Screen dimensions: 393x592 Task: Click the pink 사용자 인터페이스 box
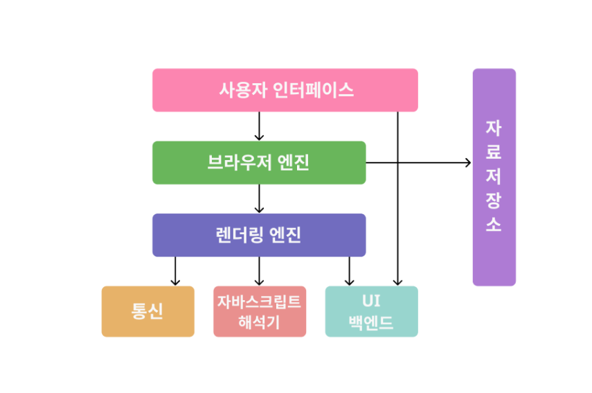coord(285,90)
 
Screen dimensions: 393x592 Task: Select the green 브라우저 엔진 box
coord(258,163)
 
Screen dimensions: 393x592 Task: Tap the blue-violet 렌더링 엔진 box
coord(258,235)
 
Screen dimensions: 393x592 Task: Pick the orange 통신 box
coord(147,311)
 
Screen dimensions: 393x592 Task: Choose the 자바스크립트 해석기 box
coord(259,311)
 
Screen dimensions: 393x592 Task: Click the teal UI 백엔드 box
coord(371,311)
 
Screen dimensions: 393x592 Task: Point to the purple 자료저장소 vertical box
coord(494,177)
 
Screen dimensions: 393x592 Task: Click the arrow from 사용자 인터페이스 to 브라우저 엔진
coord(259,126)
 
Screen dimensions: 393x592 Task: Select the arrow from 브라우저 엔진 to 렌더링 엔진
coord(259,198)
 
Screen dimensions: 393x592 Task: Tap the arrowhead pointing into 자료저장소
coord(467,163)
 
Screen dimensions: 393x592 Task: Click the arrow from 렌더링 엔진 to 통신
coord(175,272)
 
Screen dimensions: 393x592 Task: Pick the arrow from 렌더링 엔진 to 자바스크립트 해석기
coord(259,272)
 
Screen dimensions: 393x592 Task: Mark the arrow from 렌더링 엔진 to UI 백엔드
coord(349,272)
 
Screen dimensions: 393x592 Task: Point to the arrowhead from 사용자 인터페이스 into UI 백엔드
coord(397,281)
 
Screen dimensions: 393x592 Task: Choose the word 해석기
coord(259,321)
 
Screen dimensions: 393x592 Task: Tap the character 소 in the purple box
coord(494,225)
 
